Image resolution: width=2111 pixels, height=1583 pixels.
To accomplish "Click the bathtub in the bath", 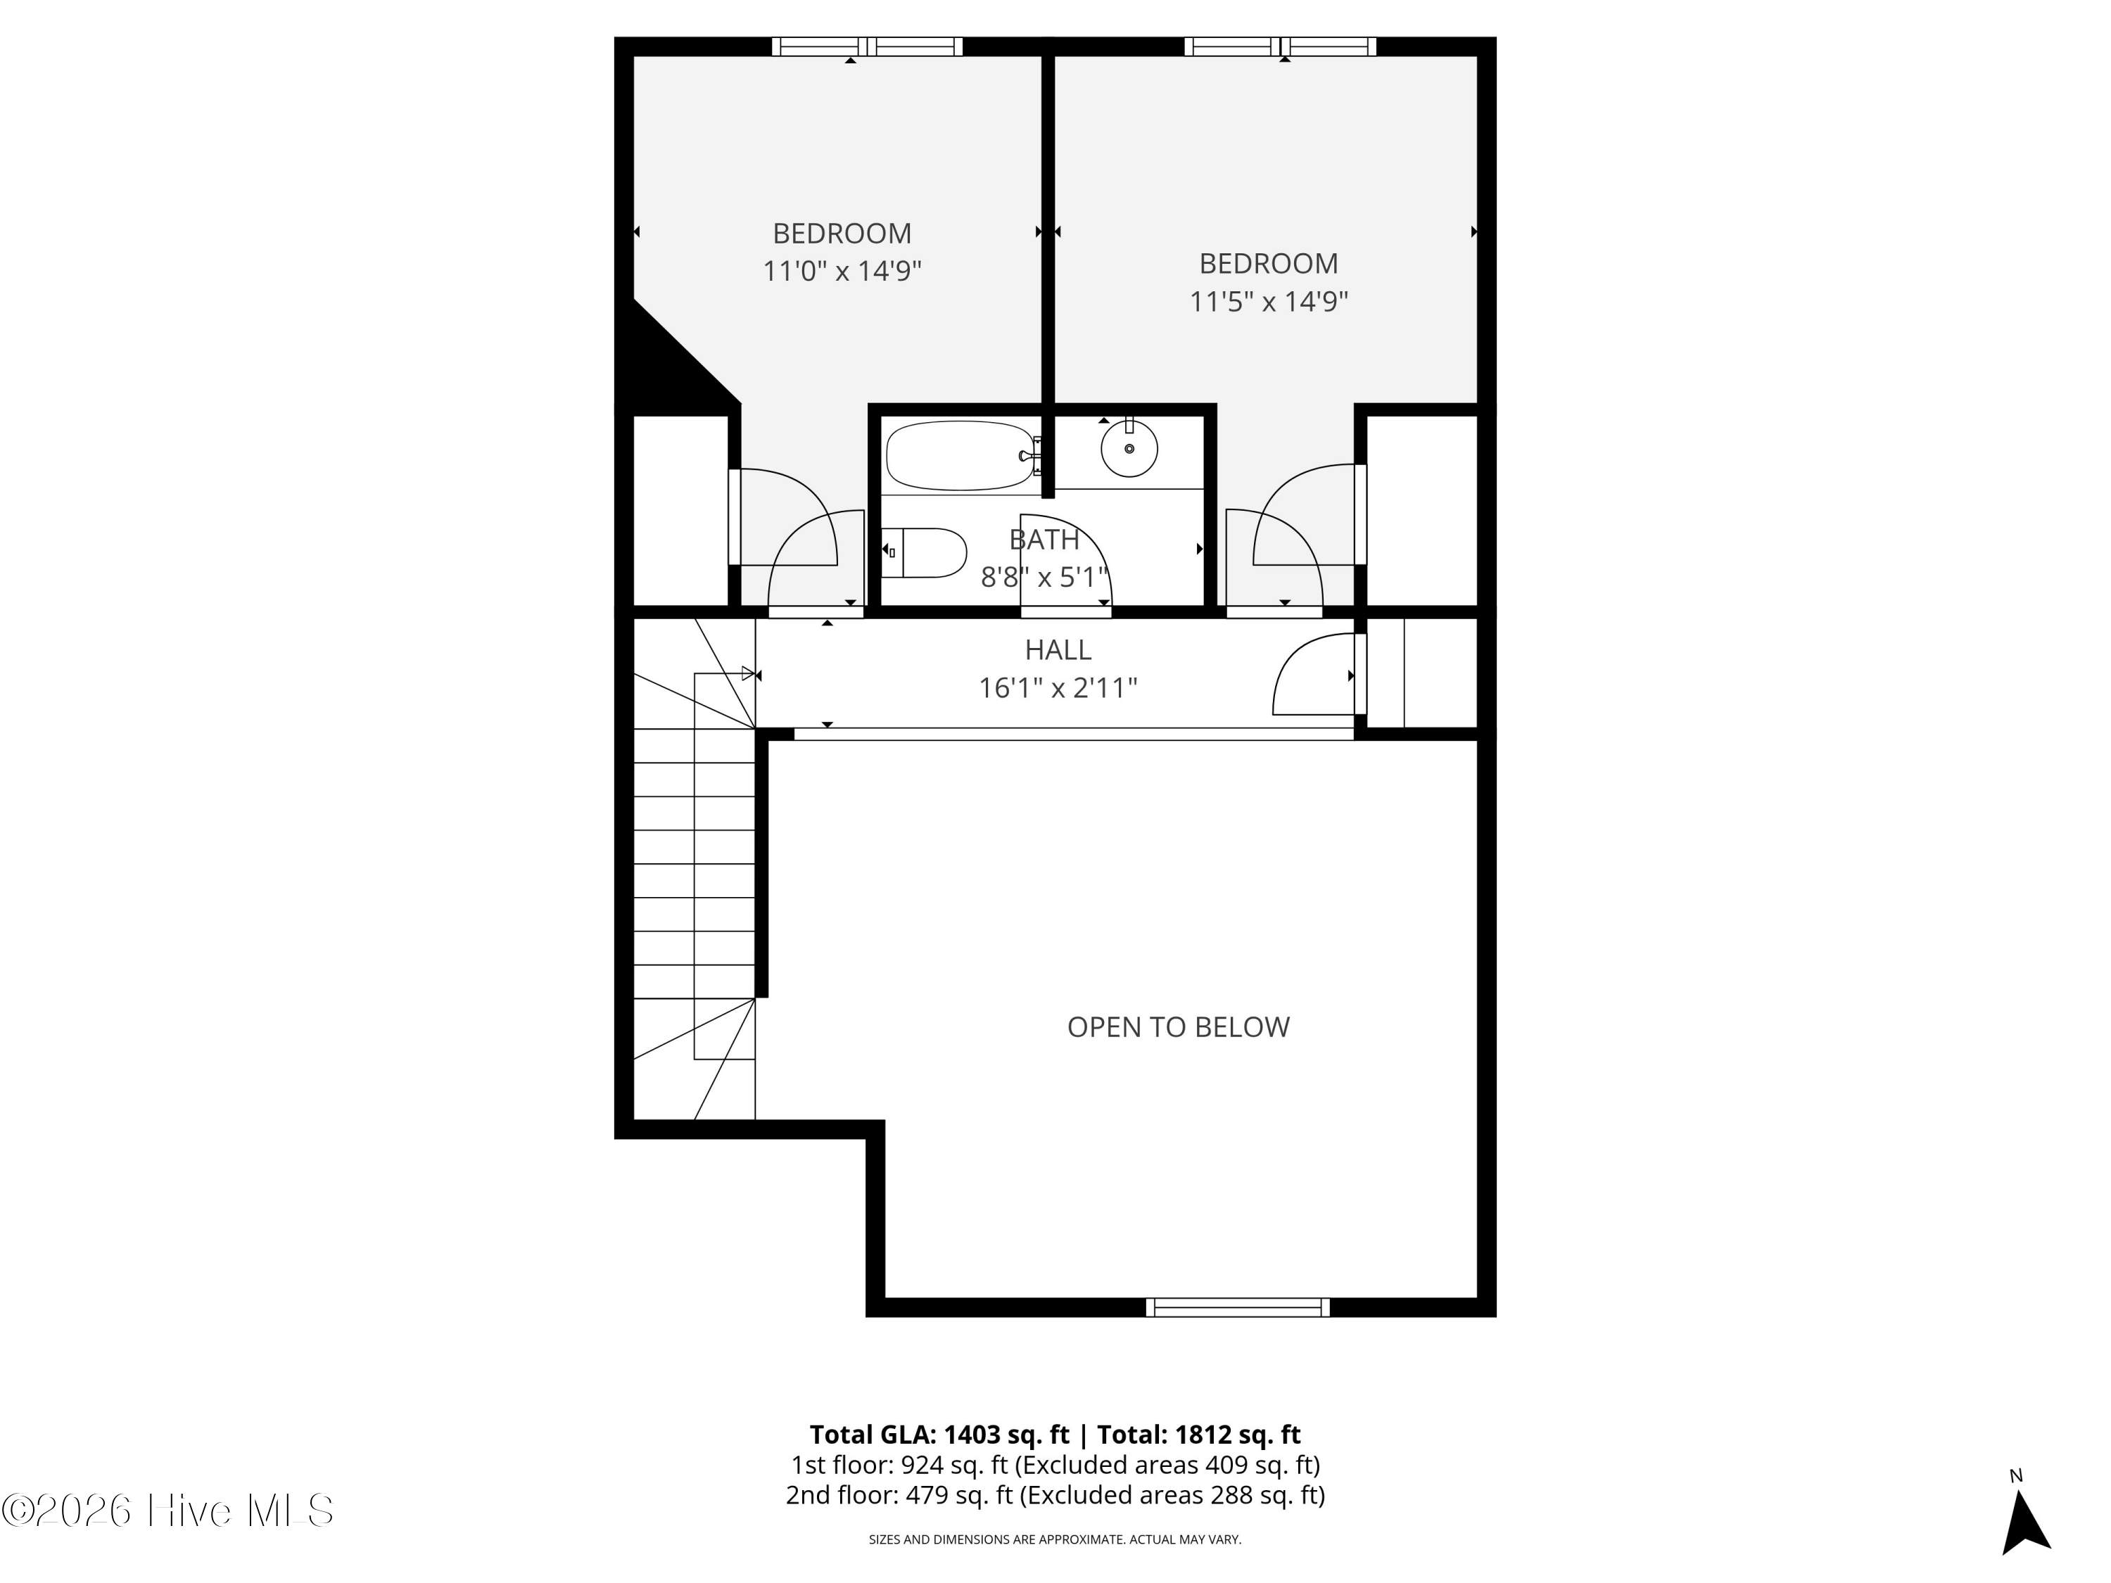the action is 961,456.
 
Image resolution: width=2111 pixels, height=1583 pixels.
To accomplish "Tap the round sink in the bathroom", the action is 1129,448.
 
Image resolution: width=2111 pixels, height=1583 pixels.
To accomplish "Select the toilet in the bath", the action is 924,552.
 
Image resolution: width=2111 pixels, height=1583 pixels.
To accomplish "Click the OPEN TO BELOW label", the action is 1178,1026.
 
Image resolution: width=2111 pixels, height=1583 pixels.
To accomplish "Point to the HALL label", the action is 1058,650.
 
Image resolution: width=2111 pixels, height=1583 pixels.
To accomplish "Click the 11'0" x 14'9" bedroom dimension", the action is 842,271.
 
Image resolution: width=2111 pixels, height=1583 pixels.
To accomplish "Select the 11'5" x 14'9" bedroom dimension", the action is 1268,302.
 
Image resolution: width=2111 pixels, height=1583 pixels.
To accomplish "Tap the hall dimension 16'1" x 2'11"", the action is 1058,688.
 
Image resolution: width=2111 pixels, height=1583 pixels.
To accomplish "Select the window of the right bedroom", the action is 1280,46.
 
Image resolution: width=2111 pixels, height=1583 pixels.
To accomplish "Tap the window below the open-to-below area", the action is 1238,1307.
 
